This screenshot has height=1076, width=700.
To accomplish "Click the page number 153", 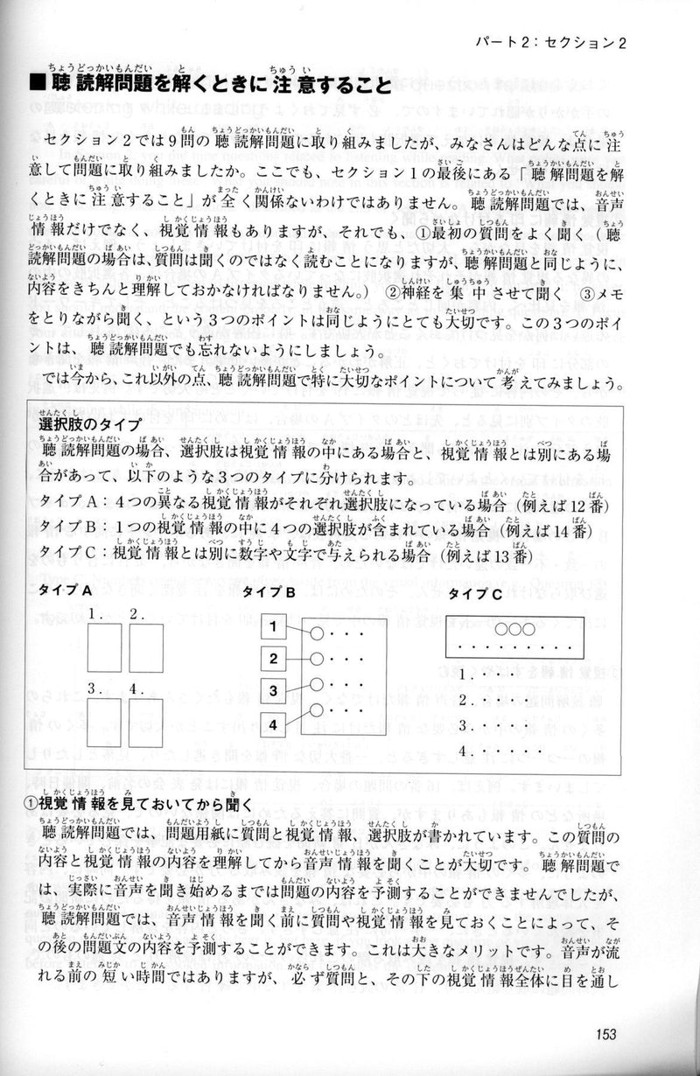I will (603, 1033).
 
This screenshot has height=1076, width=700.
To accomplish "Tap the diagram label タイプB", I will (269, 592).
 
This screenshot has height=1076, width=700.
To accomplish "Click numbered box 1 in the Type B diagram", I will (273, 626).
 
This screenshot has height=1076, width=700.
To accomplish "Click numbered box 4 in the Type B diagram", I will (273, 724).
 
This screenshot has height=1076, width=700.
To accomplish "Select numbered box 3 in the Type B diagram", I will (273, 691).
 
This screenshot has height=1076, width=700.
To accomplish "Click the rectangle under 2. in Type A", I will (146, 648).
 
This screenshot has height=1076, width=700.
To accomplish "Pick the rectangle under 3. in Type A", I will (104, 722).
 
